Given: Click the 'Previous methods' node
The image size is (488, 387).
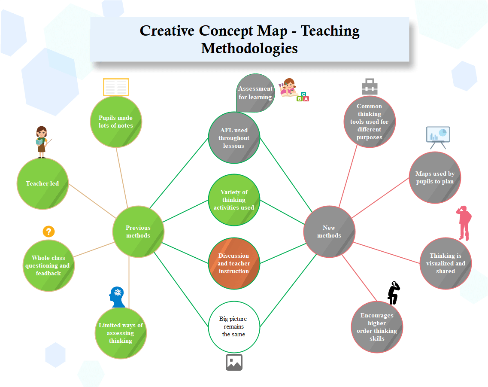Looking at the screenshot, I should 138,232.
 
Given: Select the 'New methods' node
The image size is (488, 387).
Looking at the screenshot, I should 329,232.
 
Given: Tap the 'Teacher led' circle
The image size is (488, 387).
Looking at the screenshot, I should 42,183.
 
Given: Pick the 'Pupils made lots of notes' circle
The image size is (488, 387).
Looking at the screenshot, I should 116,122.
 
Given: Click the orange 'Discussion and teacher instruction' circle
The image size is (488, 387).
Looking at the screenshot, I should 234,263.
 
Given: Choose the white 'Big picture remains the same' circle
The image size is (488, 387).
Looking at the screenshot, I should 234,326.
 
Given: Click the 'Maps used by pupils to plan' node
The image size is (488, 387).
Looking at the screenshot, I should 435,177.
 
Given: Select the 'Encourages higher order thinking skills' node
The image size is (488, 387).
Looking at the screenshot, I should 377,327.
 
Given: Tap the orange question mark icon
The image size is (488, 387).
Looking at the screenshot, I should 49,232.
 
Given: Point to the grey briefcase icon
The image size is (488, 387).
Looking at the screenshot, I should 370,87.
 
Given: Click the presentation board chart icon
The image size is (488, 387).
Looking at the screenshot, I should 438,137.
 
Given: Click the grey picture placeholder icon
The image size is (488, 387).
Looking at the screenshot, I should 234,362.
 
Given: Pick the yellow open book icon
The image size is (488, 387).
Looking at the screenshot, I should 116,87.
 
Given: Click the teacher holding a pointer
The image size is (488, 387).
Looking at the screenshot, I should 42,142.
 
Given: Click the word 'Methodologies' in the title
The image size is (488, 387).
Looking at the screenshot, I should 249,48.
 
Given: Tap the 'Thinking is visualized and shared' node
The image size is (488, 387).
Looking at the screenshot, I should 446,263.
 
